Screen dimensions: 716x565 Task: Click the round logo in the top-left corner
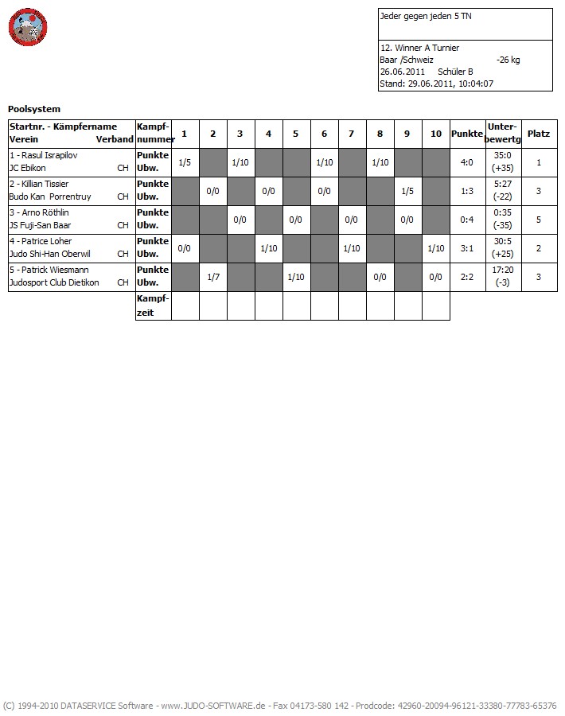[x=29, y=28]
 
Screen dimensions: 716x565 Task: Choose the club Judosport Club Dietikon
[x=54, y=282]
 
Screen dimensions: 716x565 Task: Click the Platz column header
[x=539, y=134]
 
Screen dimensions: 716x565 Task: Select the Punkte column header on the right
[x=466, y=134]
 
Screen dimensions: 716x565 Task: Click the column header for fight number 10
[x=435, y=134]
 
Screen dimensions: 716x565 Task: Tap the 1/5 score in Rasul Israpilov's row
[x=185, y=162]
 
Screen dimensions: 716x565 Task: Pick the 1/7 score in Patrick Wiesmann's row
[x=212, y=277]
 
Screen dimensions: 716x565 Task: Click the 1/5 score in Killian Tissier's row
[x=407, y=191]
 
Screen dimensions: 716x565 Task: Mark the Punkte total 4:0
[x=466, y=162]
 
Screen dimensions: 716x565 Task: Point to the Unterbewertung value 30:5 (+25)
[x=502, y=248]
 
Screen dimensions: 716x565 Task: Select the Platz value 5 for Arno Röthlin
[x=539, y=220]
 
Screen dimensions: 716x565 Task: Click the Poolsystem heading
[x=34, y=109]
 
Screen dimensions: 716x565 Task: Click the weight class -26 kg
[x=508, y=60]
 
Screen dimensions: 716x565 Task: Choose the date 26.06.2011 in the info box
[x=403, y=72]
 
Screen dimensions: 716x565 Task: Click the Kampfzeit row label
[x=153, y=305]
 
